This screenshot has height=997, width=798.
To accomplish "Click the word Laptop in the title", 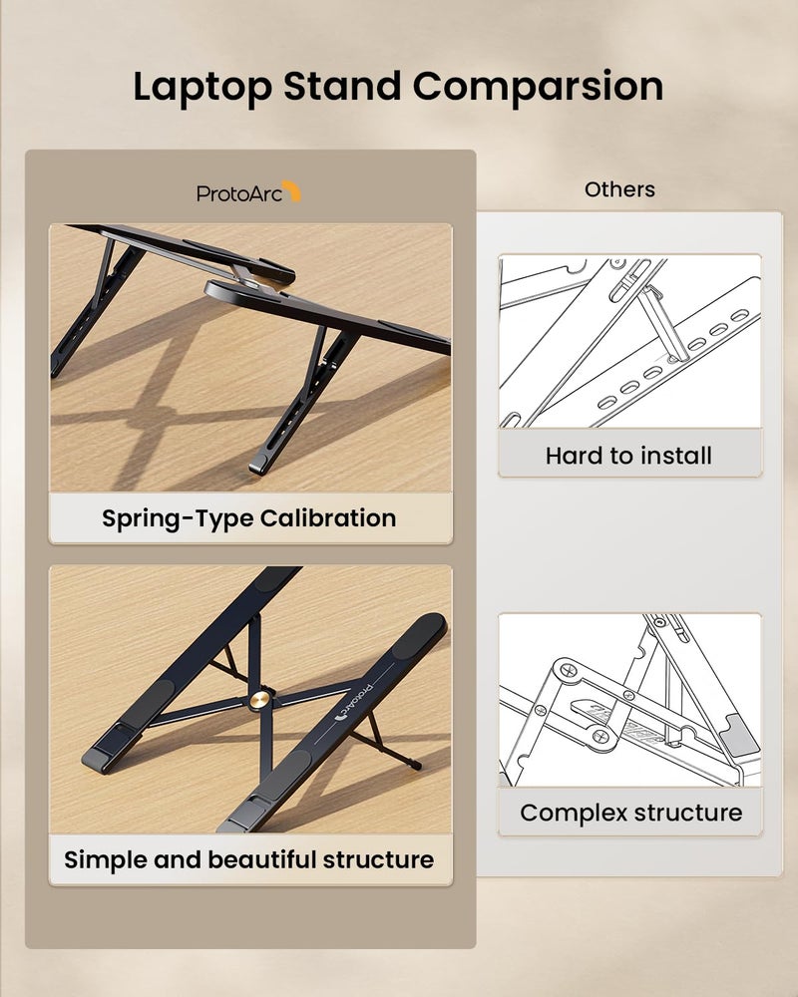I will click(201, 87).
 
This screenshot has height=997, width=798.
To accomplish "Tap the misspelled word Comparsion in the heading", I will click(539, 87).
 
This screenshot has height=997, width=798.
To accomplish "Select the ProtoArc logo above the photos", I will click(248, 192).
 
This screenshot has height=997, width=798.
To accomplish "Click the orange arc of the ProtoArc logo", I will click(291, 190).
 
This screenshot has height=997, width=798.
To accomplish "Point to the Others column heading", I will click(619, 189).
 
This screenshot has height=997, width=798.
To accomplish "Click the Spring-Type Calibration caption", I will click(249, 518).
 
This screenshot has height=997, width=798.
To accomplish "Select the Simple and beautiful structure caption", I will click(249, 859).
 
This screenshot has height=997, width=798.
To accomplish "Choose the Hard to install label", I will click(628, 457).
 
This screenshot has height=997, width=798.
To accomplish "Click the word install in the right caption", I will click(675, 457).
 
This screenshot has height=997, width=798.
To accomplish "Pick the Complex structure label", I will click(630, 813).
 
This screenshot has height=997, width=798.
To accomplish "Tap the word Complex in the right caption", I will click(572, 813).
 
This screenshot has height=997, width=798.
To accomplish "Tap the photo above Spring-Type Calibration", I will click(249, 357).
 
